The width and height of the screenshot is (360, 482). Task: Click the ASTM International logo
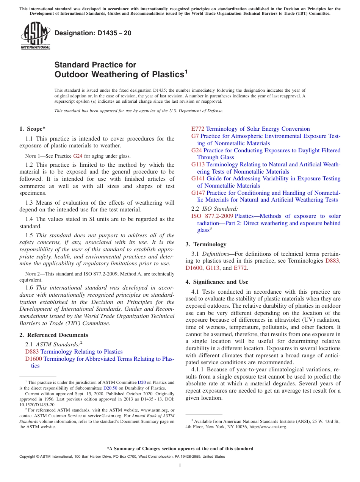[x=35, y=36]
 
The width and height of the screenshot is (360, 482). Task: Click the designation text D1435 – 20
[x=93, y=33]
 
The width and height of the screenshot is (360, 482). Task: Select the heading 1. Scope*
[x=33, y=129]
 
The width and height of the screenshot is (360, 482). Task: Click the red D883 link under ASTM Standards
[x=32, y=352]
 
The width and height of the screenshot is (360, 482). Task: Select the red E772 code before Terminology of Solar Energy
[x=197, y=129]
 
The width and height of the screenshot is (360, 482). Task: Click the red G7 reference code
[x=195, y=136]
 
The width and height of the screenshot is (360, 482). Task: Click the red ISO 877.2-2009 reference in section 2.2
[x=212, y=216]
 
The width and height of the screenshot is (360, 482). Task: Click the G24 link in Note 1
[x=77, y=156]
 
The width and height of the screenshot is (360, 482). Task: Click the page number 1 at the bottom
[x=180, y=466]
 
